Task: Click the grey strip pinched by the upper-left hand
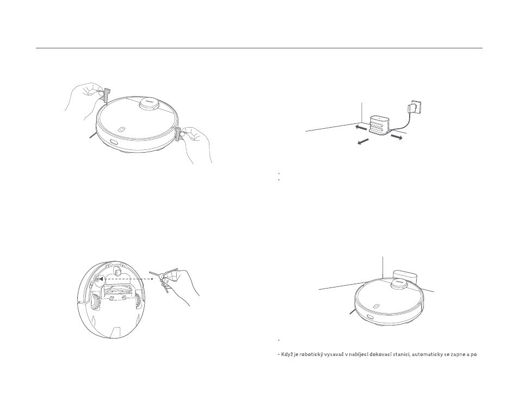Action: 107,95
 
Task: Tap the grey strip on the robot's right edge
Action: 178,134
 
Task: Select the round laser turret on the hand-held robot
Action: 149,103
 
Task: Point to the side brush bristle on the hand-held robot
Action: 92,135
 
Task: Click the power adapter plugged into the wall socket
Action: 413,108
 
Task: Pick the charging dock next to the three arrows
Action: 380,125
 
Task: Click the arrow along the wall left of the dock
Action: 360,127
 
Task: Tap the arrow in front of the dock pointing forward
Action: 363,141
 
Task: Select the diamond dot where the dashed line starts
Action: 152,279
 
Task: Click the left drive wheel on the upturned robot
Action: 96,302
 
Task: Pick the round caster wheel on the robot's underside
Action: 117,271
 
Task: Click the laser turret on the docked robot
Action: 399,284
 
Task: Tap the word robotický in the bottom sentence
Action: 306,354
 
